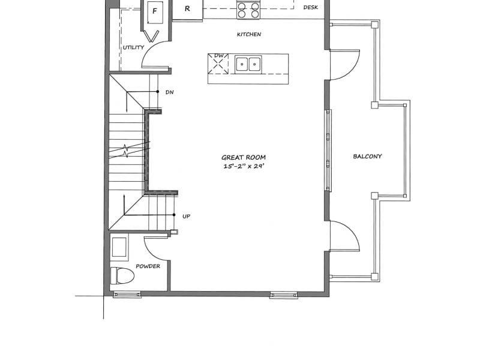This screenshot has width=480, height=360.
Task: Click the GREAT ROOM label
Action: (244, 157)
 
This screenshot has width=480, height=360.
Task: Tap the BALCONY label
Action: (367, 156)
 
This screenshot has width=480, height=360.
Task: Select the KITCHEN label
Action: (249, 34)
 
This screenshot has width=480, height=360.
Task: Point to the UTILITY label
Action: (133, 47)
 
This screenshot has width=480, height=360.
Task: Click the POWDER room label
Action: (148, 266)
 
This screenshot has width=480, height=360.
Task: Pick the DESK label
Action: (310, 7)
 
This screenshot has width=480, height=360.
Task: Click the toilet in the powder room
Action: (122, 275)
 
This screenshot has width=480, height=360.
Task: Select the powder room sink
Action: (119, 247)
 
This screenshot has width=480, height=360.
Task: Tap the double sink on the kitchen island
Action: (248, 64)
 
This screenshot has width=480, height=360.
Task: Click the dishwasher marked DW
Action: (218, 64)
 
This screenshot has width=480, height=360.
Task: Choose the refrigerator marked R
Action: (187, 9)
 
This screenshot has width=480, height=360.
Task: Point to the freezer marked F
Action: (155, 12)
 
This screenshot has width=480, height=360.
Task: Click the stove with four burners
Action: (248, 10)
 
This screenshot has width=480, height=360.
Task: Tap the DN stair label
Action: (170, 92)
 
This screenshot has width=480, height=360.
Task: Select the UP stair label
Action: (186, 216)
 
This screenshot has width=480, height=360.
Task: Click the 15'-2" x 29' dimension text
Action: (244, 166)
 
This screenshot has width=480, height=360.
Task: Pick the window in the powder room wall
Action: (127, 295)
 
